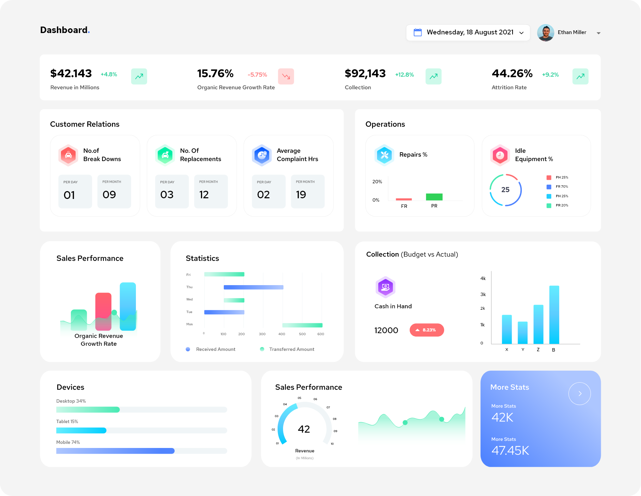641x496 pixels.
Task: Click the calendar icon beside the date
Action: (x=418, y=32)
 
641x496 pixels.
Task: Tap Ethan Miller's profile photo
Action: (x=546, y=33)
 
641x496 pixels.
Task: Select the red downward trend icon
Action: (x=286, y=76)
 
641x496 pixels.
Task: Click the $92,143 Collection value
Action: (x=365, y=74)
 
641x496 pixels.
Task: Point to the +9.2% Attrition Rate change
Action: (x=550, y=75)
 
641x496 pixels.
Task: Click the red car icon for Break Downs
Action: (x=68, y=155)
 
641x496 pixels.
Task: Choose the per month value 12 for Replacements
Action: (x=204, y=195)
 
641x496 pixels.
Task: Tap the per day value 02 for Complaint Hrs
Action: (x=263, y=195)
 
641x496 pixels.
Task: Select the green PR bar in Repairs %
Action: (x=434, y=197)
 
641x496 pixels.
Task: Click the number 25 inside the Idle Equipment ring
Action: (x=505, y=190)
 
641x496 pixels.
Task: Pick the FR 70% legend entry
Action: (x=558, y=187)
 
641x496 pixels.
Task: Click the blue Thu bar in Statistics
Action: (x=253, y=287)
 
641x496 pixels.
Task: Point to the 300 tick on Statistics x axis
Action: (x=262, y=334)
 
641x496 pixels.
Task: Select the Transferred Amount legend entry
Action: (x=287, y=349)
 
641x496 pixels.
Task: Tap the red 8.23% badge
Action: (x=427, y=330)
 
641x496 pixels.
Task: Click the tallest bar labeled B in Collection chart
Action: (x=554, y=315)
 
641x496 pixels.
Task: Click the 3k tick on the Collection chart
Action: (x=483, y=294)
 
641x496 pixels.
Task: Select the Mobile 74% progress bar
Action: (x=142, y=451)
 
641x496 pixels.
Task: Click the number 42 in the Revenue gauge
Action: (x=304, y=429)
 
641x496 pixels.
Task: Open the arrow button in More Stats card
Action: (x=580, y=394)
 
